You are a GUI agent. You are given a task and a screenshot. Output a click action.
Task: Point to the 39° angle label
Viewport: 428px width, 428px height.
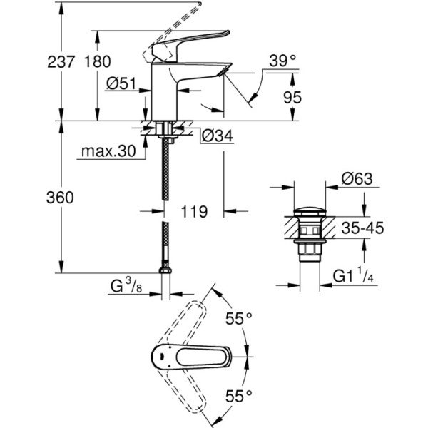[282, 62]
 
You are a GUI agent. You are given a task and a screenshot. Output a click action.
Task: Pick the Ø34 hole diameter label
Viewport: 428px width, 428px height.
[215, 136]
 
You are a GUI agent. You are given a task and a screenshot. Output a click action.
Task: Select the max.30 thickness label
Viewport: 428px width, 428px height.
[108, 151]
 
